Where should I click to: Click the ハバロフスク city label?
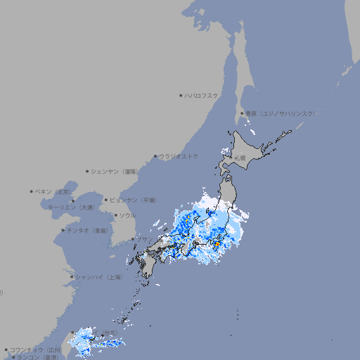click(202, 95)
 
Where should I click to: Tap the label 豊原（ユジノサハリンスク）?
click(281, 113)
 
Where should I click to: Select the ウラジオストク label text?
click(179, 156)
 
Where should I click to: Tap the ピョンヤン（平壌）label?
click(133, 200)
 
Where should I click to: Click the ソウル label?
click(127, 215)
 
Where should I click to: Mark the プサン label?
click(143, 239)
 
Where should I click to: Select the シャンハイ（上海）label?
click(98, 277)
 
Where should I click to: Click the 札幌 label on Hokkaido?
click(240, 158)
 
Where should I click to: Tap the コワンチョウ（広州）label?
click(36, 349)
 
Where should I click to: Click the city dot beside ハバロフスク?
click(181, 95)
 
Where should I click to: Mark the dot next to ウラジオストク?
click(155, 156)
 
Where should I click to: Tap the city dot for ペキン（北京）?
click(32, 191)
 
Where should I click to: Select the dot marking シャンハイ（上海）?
click(72, 277)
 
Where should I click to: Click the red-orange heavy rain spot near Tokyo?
click(218, 244)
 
